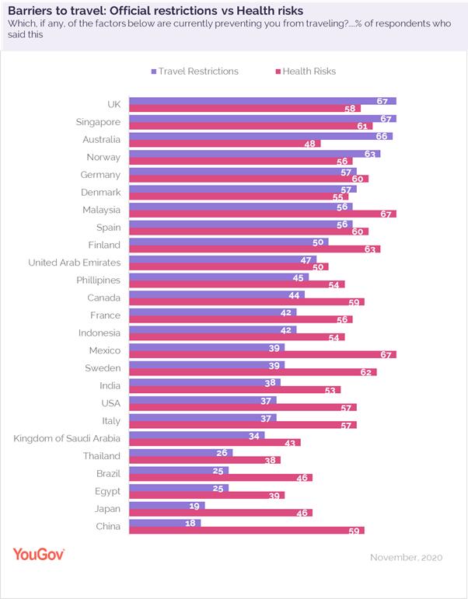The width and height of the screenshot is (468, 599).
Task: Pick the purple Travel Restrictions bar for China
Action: point(164,523)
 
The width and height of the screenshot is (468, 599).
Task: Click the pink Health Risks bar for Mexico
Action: point(262,355)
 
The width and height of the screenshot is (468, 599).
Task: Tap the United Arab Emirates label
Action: point(74,263)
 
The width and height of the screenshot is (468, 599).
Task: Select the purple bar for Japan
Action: point(166,505)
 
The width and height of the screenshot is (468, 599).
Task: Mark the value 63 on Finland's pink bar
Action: point(372,249)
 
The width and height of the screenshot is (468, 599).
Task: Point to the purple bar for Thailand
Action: point(180,452)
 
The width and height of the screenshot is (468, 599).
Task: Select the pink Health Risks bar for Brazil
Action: point(220,478)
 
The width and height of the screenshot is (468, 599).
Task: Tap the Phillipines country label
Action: point(98,280)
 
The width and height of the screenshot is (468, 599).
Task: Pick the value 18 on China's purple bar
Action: point(192,523)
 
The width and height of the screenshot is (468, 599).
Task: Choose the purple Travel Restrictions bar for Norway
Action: point(243,154)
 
